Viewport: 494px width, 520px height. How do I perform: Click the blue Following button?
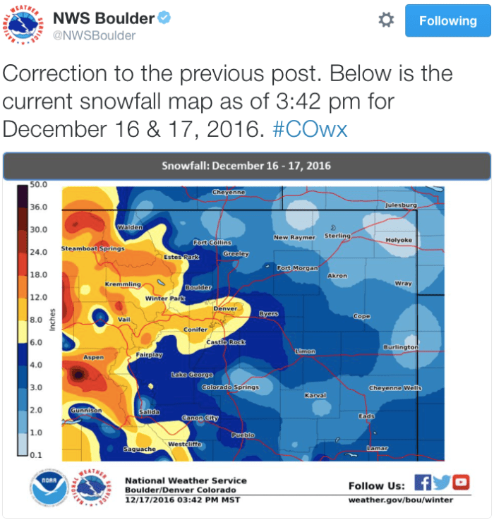click(x=448, y=21)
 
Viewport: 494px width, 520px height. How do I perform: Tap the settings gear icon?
click(x=386, y=20)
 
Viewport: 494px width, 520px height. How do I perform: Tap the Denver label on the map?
click(x=225, y=308)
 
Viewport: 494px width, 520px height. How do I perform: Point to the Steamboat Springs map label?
click(x=93, y=248)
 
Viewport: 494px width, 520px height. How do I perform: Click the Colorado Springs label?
click(x=230, y=387)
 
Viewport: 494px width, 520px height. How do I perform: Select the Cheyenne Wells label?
click(x=395, y=388)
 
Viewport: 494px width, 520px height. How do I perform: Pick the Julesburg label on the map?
click(x=401, y=205)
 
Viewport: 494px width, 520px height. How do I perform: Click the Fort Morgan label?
click(x=297, y=268)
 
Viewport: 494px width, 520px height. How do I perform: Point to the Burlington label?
click(x=400, y=347)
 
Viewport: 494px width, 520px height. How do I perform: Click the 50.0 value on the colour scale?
click(x=38, y=185)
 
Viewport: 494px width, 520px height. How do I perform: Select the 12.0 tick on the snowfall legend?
click(x=38, y=297)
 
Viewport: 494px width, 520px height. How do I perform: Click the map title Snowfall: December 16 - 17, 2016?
click(x=246, y=167)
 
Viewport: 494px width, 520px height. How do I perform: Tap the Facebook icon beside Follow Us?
click(x=423, y=483)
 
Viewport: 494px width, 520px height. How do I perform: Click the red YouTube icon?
click(x=461, y=483)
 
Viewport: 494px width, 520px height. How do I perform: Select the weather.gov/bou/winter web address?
click(x=401, y=500)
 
